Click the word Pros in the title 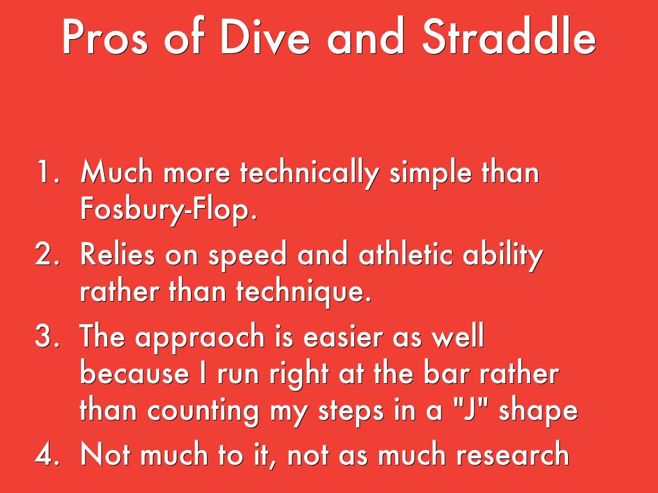[105, 37]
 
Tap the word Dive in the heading [265, 37]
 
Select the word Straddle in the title [509, 37]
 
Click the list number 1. [48, 171]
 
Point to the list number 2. [47, 254]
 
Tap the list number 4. [47, 454]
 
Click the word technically [310, 173]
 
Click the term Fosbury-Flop [168, 209]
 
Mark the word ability [503, 255]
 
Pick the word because [134, 374]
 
